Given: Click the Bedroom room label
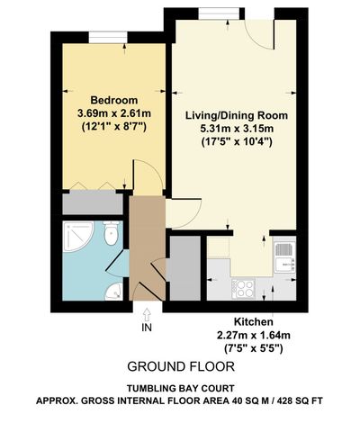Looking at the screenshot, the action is point(114,100).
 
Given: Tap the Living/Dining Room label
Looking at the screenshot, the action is point(237,115).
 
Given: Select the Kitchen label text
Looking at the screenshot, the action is point(254,322).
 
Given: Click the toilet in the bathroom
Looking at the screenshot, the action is point(111,232).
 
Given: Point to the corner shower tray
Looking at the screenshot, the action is point(77,237).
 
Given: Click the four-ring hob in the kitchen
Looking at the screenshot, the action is point(243,289).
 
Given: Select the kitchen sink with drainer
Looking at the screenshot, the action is point(284,257).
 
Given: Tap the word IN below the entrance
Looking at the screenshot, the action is point(147,328).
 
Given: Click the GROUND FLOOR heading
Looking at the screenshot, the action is point(181,366).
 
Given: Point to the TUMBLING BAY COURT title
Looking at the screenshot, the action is point(180,388).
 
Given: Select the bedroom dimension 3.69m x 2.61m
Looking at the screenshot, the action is point(114,113).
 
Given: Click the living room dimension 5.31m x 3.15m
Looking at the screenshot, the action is point(237,129).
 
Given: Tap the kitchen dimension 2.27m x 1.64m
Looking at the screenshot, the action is point(254,335).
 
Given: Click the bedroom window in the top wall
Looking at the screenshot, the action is point(108,38).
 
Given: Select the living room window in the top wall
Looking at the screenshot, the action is point(219,13).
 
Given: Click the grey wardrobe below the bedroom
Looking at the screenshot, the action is point(93,204).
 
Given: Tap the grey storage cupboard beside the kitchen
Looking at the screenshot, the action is point(185,268).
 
